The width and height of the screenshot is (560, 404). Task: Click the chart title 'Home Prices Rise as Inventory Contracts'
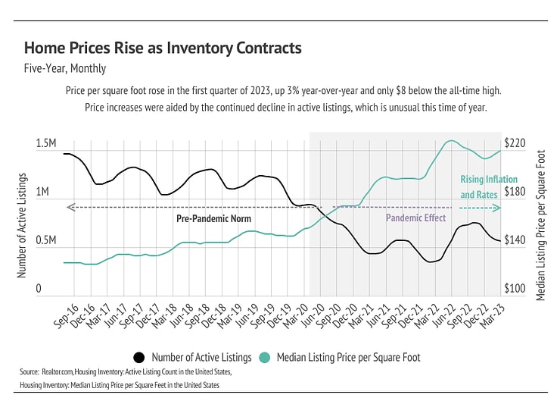coord(163,49)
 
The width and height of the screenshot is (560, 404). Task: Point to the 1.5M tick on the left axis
coord(46,144)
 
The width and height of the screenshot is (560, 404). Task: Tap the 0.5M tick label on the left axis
coord(46,240)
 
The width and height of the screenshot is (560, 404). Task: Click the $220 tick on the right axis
coord(514,144)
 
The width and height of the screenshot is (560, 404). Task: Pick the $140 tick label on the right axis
coord(514,240)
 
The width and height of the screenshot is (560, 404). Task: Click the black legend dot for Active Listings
coord(138,358)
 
